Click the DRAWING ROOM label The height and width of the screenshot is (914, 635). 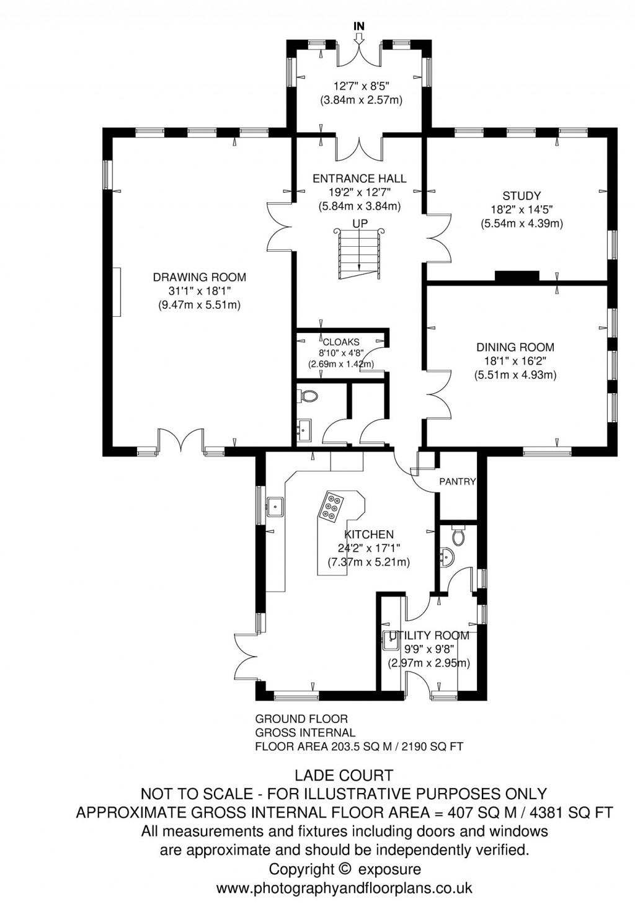click(x=200, y=277)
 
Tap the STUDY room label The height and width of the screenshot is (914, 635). click(x=522, y=196)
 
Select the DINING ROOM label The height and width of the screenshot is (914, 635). click(x=515, y=347)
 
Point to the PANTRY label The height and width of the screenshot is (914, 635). click(x=457, y=481)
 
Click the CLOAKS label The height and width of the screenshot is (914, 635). click(x=340, y=342)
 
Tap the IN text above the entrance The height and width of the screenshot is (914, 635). click(x=358, y=26)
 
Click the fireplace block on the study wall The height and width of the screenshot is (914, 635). click(x=517, y=276)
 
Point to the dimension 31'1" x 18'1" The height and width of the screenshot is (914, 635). click(x=200, y=291)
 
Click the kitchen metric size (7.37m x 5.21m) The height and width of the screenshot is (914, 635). click(x=368, y=562)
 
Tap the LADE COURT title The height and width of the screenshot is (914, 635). click(x=344, y=775)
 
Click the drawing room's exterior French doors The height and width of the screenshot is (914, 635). click(x=180, y=441)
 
